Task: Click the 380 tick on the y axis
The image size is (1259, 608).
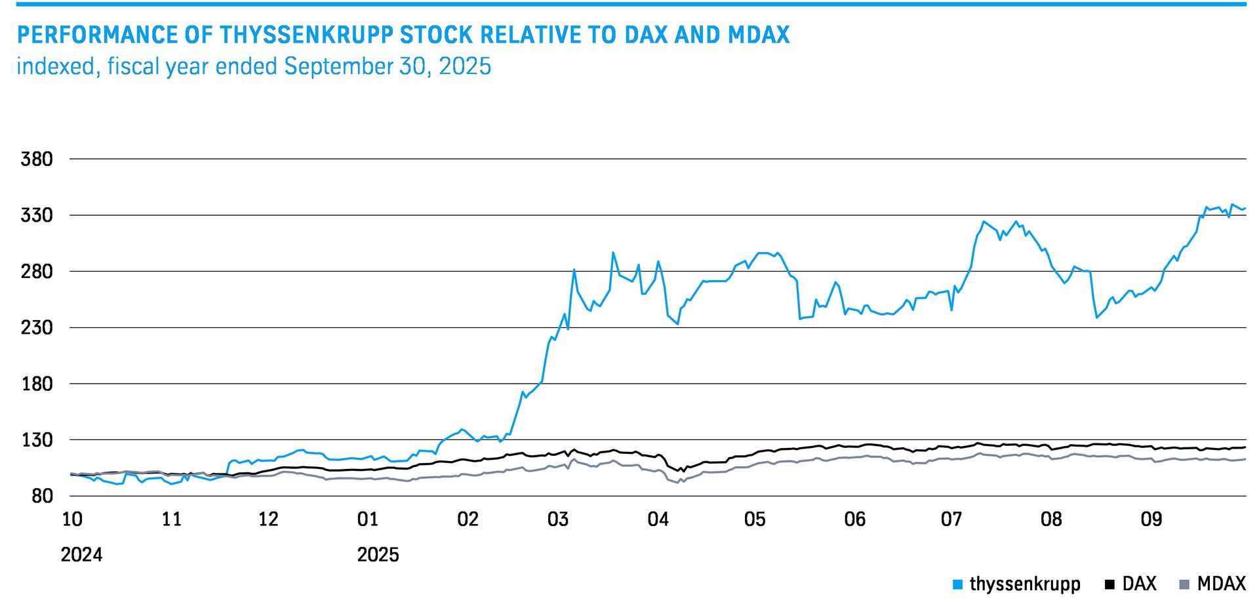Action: click(x=37, y=159)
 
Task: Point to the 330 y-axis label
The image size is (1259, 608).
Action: click(x=37, y=215)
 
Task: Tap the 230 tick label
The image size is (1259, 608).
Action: click(x=37, y=327)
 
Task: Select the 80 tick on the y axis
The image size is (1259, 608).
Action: click(x=42, y=496)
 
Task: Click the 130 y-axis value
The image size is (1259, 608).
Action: click(x=37, y=439)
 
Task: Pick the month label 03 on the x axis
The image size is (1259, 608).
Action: click(x=558, y=519)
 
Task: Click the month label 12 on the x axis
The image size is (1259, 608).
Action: click(x=268, y=519)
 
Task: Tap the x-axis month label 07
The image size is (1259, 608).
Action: click(x=951, y=519)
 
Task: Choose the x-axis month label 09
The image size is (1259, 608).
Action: click(x=1151, y=519)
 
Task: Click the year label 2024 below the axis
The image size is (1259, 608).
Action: click(x=81, y=555)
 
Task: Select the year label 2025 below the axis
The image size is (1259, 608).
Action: click(x=378, y=555)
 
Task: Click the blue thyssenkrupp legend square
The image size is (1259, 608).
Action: click(x=958, y=584)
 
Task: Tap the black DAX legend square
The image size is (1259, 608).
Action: click(x=1109, y=584)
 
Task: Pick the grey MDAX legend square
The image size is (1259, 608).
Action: click(x=1184, y=584)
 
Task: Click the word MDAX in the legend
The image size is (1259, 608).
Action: click(x=1221, y=584)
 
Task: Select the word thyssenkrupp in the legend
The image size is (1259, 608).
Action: click(x=1025, y=584)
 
